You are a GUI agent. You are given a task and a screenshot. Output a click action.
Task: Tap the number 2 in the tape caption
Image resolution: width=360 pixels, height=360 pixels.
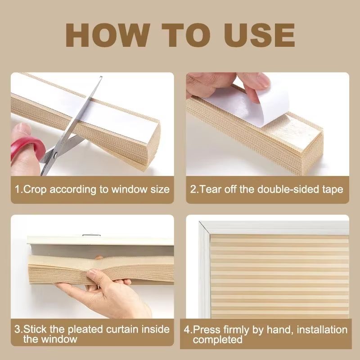click(193, 189)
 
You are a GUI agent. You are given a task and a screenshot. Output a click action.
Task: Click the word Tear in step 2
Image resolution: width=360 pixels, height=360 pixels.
click(211, 189)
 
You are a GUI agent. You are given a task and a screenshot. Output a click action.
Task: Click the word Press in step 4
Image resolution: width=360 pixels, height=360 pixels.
click(206, 330)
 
